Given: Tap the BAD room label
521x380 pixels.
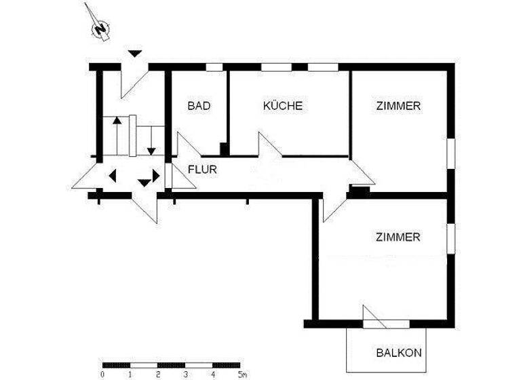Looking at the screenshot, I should (199, 106).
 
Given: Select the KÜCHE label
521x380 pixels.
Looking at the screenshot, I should (282, 106).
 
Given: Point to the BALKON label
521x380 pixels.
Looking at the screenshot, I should (399, 353).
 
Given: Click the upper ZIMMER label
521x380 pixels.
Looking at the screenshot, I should (398, 106).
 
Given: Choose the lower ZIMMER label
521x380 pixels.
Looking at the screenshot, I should (398, 237).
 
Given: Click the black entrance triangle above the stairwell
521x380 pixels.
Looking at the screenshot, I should (136, 53).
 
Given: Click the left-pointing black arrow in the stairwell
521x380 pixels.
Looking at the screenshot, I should (113, 175).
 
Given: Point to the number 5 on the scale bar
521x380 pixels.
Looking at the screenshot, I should (240, 374).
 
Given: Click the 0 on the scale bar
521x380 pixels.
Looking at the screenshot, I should (102, 374).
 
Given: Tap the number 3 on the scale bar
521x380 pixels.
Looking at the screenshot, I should (185, 374).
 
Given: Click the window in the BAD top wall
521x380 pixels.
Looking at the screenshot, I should (214, 66).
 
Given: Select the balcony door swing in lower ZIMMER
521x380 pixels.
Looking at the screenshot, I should (372, 316).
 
